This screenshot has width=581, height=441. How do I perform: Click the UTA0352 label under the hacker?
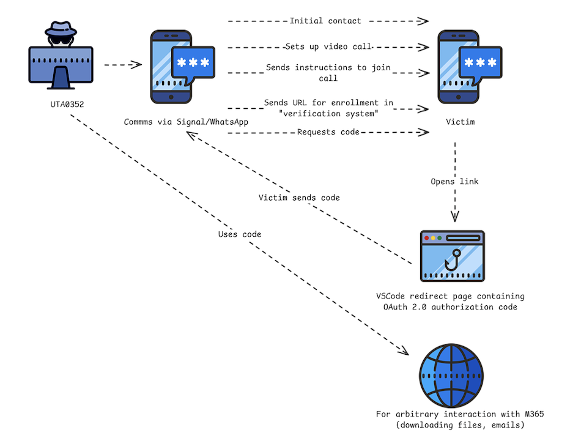point(67,105)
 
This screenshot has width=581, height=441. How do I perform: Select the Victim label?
point(461,122)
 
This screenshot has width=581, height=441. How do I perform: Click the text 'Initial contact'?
point(325,21)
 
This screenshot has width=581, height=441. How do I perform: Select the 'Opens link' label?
point(454,182)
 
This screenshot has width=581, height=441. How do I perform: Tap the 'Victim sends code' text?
point(299,198)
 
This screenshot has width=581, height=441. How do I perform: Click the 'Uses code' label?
point(239,234)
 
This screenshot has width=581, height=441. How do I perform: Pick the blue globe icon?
point(451,376)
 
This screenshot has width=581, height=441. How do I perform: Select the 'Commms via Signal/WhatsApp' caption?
point(186,122)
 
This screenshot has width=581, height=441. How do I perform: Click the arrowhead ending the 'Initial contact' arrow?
point(423,21)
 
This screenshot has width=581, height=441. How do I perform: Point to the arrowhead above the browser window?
point(454,217)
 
